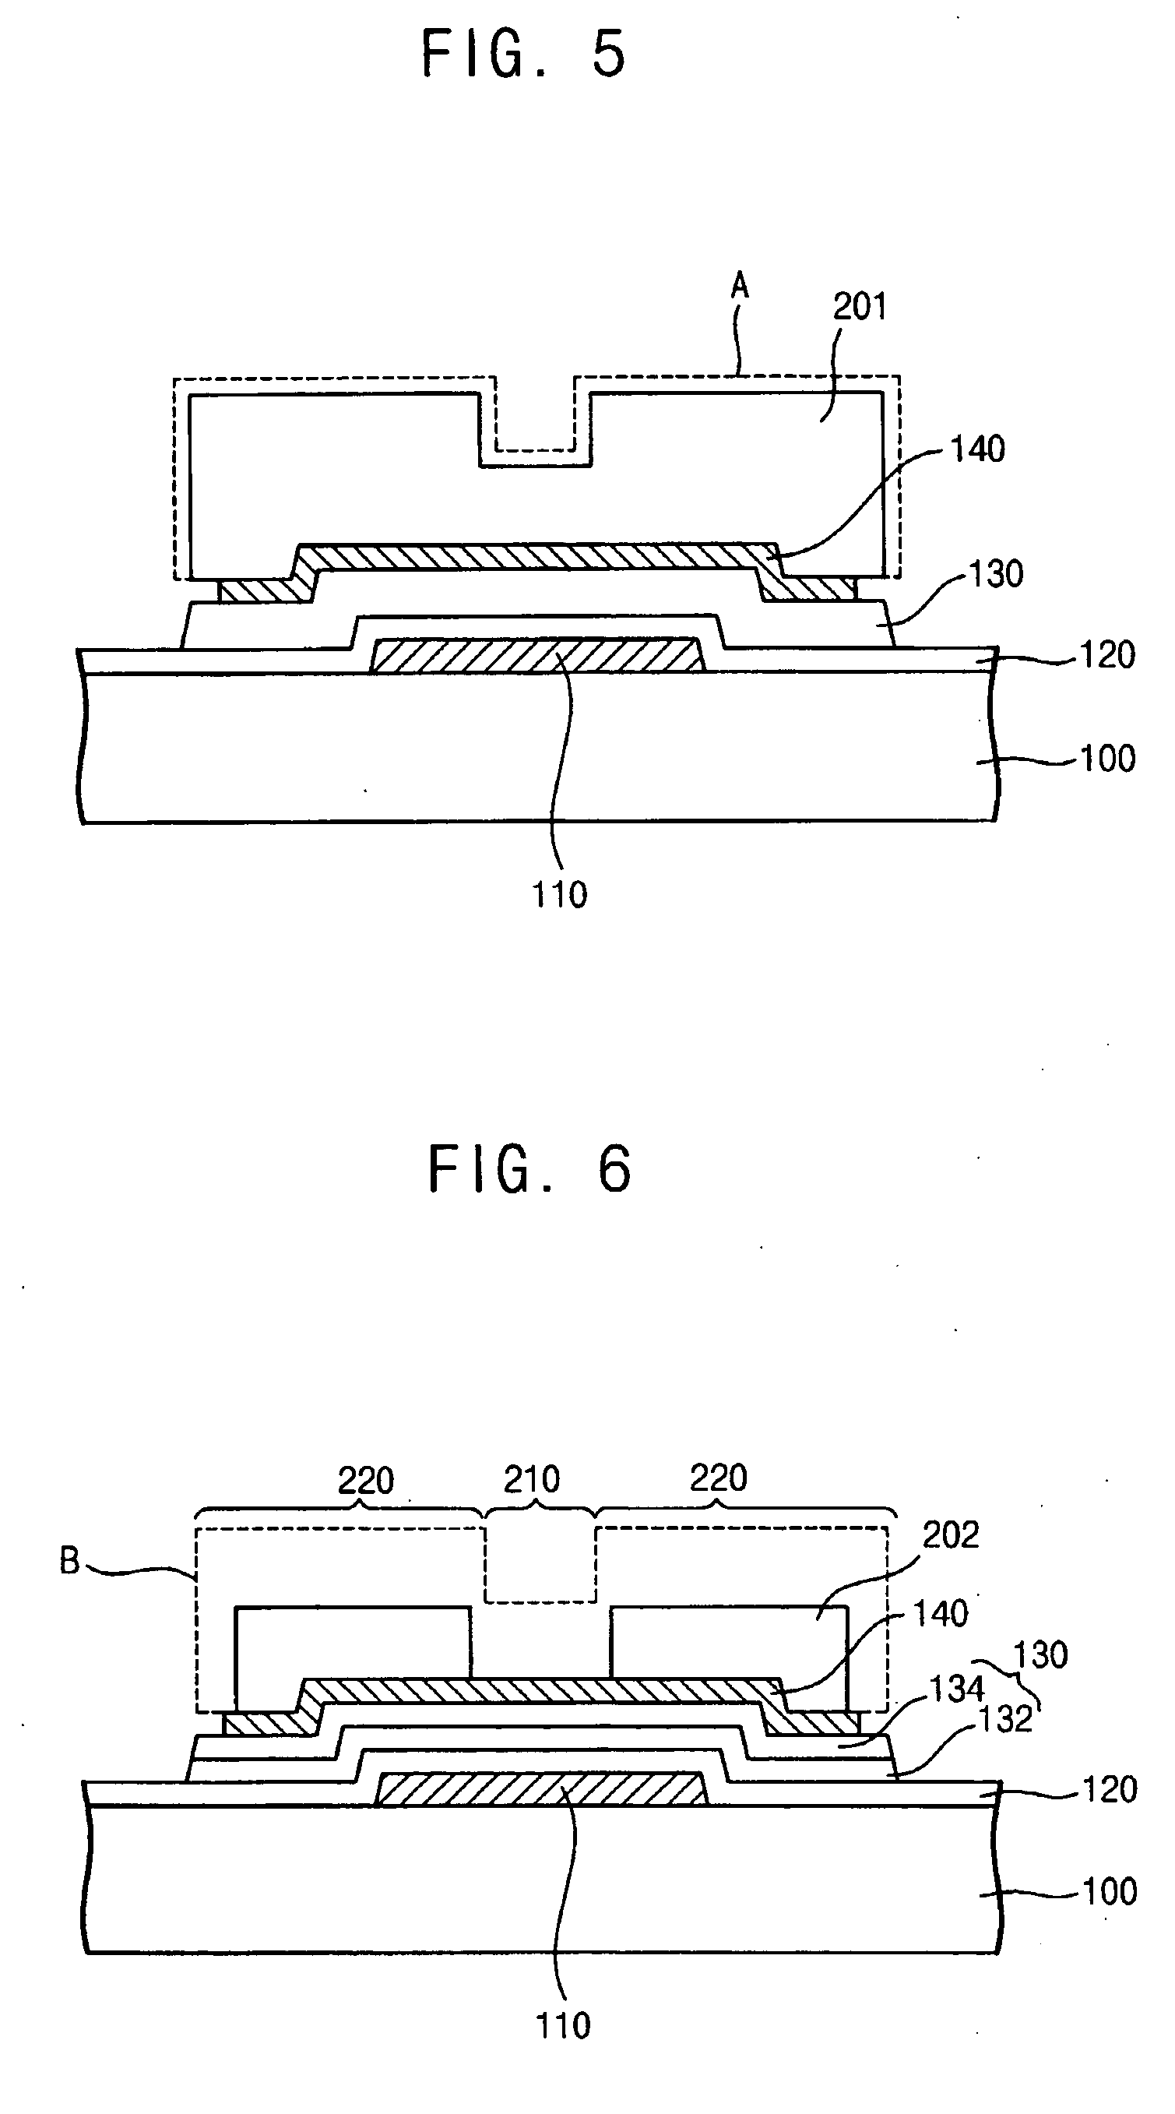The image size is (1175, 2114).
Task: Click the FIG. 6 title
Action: [x=529, y=1169]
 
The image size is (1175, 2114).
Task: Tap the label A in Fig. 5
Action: [x=739, y=287]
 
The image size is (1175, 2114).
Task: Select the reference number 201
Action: [x=860, y=307]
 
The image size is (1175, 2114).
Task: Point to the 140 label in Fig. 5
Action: [x=977, y=449]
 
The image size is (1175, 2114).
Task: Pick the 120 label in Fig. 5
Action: [x=1108, y=656]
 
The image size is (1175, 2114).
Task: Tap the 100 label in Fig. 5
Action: [x=1108, y=759]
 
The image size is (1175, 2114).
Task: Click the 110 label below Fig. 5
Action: [x=560, y=894]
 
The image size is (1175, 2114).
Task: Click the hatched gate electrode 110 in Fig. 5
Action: [x=537, y=656]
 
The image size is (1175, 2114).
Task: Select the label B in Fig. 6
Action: [x=70, y=1561]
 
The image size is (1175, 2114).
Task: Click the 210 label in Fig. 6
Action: [x=532, y=1480]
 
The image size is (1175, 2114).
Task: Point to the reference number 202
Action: [x=951, y=1534]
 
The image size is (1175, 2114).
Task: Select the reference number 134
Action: [x=956, y=1689]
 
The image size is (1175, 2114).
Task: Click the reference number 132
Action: [x=1005, y=1719]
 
